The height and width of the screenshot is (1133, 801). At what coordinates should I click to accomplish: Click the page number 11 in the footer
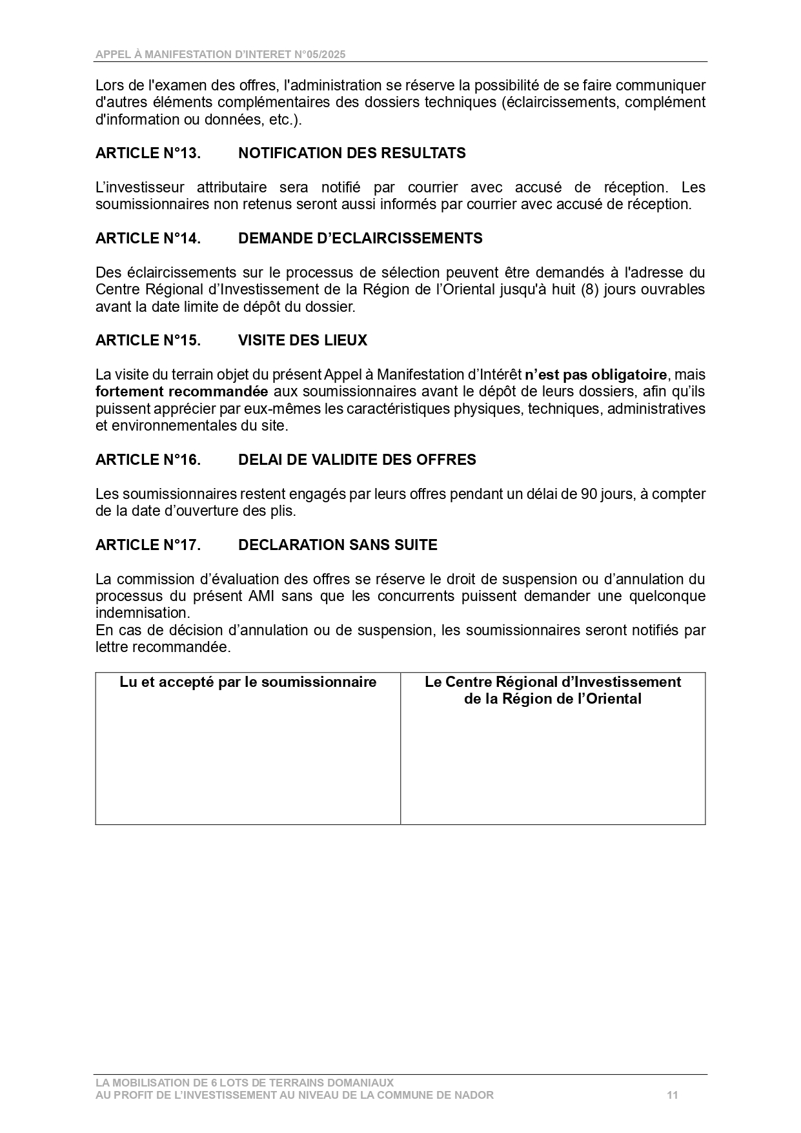(673, 1095)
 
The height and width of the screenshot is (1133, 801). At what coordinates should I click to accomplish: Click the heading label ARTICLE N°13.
(148, 153)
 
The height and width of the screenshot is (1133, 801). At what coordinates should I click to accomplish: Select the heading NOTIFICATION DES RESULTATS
(352, 153)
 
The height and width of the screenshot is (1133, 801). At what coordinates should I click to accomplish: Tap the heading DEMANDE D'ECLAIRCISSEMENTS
(360, 238)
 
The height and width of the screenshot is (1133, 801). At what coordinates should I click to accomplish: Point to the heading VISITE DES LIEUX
(303, 340)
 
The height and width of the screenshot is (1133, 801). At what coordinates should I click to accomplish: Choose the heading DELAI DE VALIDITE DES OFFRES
(357, 460)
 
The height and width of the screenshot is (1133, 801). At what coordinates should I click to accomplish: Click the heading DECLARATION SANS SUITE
(338, 545)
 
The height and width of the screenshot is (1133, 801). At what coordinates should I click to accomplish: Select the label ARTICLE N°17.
(148, 545)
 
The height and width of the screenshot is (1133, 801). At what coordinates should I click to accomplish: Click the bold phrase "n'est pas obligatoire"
(596, 374)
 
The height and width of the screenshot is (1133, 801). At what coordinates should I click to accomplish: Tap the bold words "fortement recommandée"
(182, 391)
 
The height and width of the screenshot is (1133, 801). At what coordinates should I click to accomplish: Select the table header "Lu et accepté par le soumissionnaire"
(248, 682)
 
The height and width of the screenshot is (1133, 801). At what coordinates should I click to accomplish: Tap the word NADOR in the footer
(476, 1095)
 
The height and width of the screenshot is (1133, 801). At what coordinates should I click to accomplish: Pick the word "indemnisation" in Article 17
(143, 613)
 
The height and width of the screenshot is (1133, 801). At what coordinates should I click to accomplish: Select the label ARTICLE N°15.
(148, 340)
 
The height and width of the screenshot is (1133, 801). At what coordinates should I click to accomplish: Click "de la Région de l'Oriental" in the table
(553, 699)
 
